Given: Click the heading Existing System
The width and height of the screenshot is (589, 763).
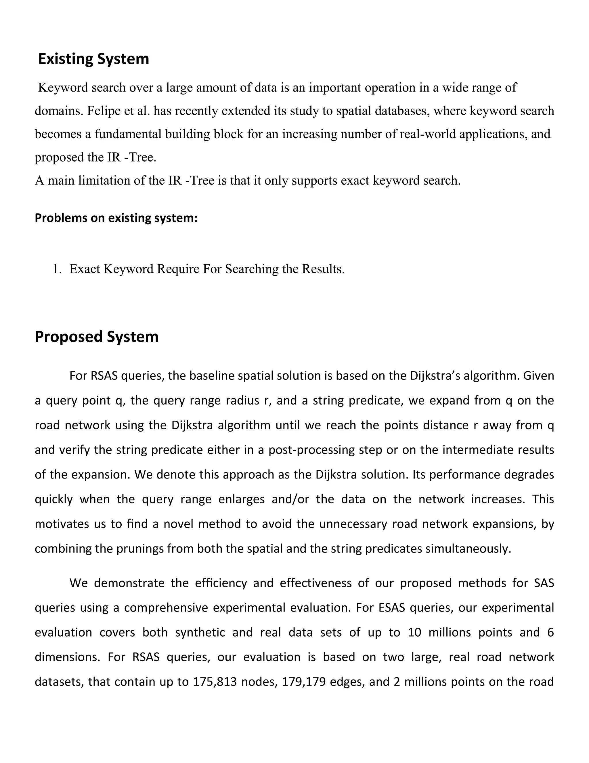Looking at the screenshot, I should [x=93, y=59].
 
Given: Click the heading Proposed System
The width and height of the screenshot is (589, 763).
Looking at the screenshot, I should [x=96, y=337].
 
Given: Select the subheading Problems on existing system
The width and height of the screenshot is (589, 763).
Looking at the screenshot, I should [x=116, y=218].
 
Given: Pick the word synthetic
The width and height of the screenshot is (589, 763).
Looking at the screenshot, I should [x=200, y=633].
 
